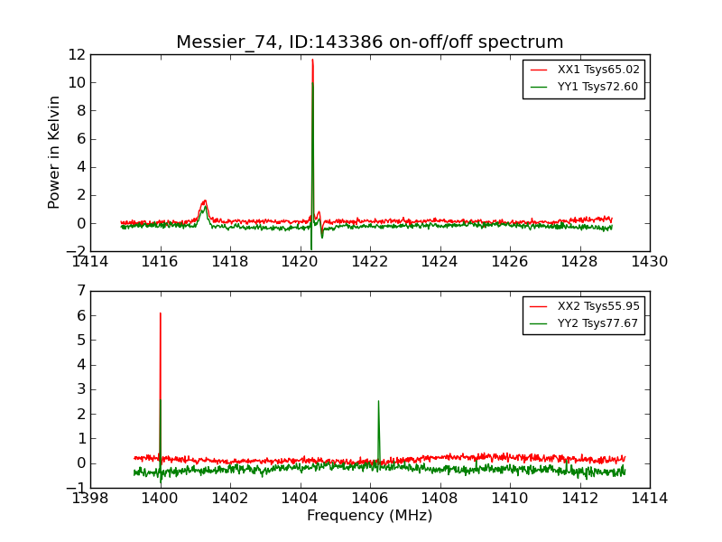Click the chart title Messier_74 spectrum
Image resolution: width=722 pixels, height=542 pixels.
pos(369,42)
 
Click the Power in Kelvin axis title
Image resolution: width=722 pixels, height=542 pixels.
pos(55,152)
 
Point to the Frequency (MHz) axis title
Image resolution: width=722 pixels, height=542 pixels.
pos(369,516)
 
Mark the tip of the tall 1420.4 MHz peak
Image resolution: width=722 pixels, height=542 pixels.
pos(312,60)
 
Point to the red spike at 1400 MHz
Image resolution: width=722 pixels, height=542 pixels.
pos(161,313)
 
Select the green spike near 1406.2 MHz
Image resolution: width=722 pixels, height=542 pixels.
pos(378,401)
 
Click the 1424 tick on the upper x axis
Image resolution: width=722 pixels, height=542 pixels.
pos(440,262)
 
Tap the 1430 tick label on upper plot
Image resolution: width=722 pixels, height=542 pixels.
pos(649,262)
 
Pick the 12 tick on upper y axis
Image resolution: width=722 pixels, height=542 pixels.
pos(76,54)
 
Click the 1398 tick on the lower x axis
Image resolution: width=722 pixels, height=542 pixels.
pos(90,498)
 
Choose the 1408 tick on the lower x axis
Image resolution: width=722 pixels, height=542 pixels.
pos(440,498)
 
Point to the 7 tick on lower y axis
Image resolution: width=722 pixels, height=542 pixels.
pos(79,291)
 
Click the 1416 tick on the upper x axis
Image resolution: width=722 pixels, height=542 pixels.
pos(161,262)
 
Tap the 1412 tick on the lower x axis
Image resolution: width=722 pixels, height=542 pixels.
pos(579,498)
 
